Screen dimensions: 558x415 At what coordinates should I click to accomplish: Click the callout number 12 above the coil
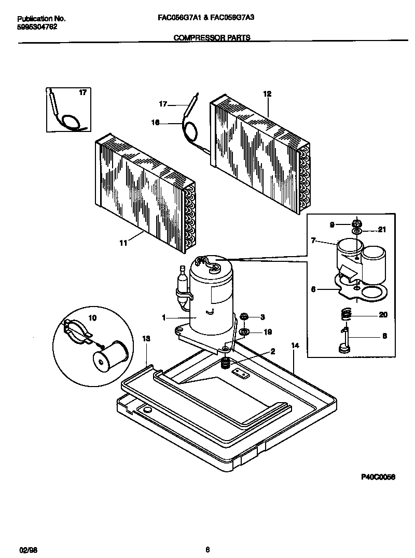267,94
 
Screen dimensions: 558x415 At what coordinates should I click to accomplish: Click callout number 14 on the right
295,345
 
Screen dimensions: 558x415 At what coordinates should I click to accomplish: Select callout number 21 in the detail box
382,229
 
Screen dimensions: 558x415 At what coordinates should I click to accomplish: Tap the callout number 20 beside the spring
383,315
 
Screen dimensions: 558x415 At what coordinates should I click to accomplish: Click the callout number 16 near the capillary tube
155,123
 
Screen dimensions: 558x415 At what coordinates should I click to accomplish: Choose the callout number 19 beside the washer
268,331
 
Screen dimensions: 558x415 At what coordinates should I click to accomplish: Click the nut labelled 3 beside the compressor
244,316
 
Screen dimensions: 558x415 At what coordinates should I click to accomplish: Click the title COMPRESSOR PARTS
211,37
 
